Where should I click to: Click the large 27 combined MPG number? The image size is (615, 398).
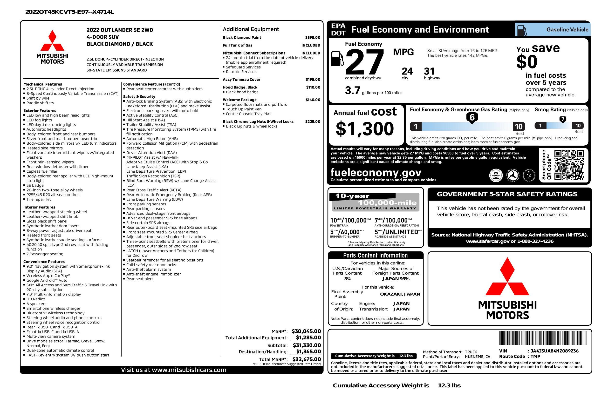(364, 62)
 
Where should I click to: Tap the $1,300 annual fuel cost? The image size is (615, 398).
(365, 129)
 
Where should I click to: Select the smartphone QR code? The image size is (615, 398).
(569, 165)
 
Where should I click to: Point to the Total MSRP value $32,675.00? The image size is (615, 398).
(307, 359)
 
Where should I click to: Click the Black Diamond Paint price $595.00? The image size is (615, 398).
(312, 37)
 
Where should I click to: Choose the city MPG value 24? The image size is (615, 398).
(407, 71)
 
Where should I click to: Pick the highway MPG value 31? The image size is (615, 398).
(429, 71)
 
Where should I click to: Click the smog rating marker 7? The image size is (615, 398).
(562, 119)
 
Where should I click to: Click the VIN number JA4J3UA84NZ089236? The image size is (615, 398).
(554, 351)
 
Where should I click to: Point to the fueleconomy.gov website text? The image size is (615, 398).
(376, 172)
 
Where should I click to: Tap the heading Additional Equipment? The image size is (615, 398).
(251, 29)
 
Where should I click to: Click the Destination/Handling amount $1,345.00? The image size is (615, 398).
(308, 351)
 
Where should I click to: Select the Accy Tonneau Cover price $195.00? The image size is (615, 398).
(313, 80)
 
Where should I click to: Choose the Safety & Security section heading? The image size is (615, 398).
(139, 97)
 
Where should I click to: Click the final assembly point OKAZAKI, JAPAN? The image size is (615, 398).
(400, 294)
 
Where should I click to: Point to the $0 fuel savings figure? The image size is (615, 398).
(527, 62)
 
